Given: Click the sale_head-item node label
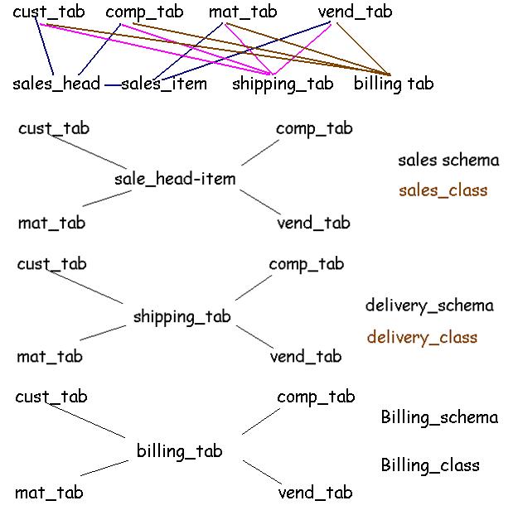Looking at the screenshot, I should click(x=175, y=179).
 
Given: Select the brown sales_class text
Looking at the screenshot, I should click(x=443, y=190).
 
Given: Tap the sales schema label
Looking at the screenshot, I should click(x=448, y=160).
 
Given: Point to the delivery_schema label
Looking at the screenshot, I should click(x=429, y=306).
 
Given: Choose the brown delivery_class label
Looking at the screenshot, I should click(x=422, y=337).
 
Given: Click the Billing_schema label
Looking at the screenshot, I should click(x=439, y=416).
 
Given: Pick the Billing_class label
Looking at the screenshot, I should click(x=430, y=464).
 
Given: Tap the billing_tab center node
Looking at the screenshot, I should click(x=179, y=450).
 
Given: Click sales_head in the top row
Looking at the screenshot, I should click(x=56, y=84).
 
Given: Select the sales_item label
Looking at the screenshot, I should click(x=164, y=84).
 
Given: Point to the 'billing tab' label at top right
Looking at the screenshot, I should click(x=394, y=84).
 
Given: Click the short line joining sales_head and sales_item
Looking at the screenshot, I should click(x=112, y=84).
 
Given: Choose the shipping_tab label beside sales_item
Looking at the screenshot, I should click(x=283, y=84).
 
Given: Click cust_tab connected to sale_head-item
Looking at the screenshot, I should click(x=54, y=128).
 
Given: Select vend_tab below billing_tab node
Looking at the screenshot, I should click(x=315, y=493).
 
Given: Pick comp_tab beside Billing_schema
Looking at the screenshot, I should click(x=316, y=397).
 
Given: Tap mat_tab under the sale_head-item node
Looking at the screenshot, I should click(x=51, y=223).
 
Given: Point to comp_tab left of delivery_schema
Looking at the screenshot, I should click(x=306, y=264).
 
